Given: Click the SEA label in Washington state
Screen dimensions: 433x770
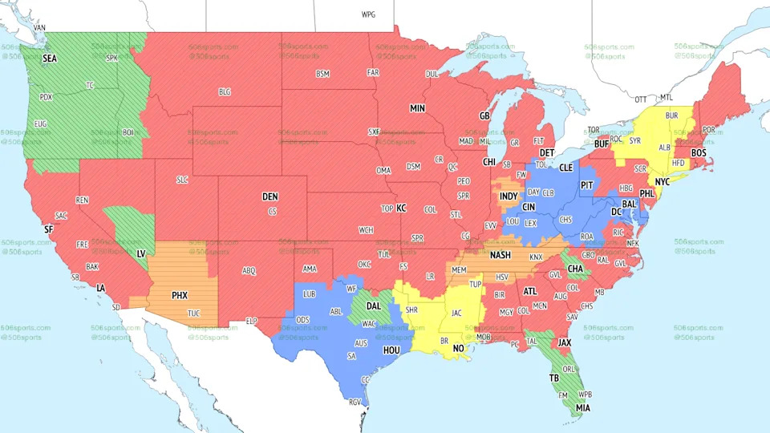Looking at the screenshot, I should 50,59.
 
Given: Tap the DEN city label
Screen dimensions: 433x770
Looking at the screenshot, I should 270,196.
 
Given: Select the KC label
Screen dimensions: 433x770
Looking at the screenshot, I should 401,208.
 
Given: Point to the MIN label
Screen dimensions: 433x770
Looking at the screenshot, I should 417,108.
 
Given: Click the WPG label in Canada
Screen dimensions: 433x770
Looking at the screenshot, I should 368,14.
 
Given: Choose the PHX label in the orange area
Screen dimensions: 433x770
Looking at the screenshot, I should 180,295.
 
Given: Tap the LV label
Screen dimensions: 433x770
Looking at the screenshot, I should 141,253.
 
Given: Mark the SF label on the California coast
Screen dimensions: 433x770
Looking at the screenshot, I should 48,229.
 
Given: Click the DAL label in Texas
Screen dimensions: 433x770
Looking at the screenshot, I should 374,306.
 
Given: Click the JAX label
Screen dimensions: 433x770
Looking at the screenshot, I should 565,342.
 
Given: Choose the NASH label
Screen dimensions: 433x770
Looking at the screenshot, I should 500,256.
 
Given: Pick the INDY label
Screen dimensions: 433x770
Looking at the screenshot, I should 508,196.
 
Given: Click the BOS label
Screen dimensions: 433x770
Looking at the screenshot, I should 699,152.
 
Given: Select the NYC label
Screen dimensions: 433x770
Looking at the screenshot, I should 662,182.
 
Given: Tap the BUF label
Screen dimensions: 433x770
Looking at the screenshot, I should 602,145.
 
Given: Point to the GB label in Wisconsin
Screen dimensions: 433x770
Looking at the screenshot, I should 484,116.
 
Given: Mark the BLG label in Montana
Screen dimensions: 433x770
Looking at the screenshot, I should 225,92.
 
